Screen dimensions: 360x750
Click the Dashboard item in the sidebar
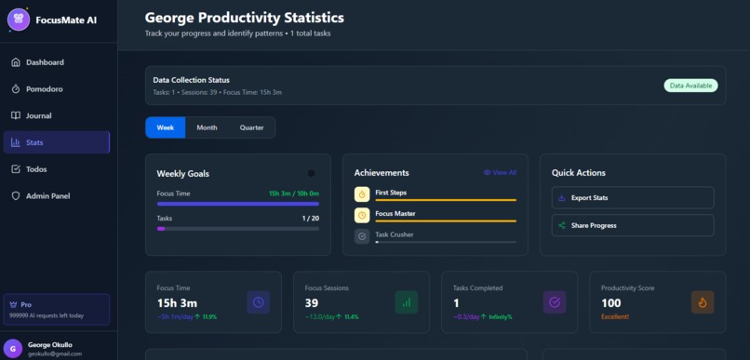click(x=45, y=62)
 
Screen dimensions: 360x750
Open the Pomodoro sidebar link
click(x=45, y=89)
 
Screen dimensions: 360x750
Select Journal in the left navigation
click(x=38, y=116)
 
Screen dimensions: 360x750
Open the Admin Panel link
click(x=47, y=196)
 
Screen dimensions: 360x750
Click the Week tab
click(x=166, y=127)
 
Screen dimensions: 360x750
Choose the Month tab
click(x=207, y=127)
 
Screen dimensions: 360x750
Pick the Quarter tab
click(x=251, y=127)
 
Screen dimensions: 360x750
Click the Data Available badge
click(x=691, y=86)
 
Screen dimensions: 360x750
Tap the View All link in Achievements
click(x=500, y=173)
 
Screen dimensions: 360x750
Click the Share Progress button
click(x=633, y=225)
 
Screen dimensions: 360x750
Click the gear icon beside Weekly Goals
click(x=311, y=173)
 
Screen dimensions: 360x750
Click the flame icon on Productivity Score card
click(x=703, y=301)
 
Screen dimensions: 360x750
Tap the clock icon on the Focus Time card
click(x=259, y=301)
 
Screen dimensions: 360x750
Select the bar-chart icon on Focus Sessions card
click(x=407, y=301)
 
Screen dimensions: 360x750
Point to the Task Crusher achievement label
click(x=394, y=234)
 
